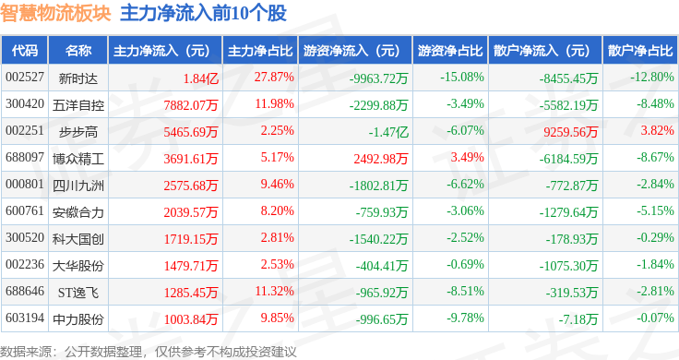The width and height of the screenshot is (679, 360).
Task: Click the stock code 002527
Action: point(25,78)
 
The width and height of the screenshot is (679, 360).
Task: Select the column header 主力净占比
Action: point(260,51)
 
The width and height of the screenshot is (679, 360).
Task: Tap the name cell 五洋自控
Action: point(78,105)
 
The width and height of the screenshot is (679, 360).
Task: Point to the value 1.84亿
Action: point(200,78)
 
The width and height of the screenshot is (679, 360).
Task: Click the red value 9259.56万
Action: point(571,132)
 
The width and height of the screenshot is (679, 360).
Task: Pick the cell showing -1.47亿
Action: point(388,132)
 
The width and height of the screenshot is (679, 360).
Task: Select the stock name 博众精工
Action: point(78,159)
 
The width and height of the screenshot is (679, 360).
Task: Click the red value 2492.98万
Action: point(381,159)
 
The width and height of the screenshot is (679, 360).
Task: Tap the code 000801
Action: point(25,184)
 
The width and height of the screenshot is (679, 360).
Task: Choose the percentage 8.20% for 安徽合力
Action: point(277,211)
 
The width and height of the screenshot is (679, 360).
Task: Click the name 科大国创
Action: point(78,239)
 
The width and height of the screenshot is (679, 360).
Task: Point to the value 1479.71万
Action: point(191,266)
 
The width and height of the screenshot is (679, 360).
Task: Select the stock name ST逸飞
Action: point(78,293)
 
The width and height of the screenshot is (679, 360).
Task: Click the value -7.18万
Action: point(578,319)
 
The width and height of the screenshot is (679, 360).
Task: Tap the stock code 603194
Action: point(25,318)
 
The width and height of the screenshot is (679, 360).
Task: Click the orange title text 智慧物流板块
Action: point(55,13)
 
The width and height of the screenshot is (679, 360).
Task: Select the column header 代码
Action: point(25,51)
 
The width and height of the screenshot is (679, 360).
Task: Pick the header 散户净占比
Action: point(640,51)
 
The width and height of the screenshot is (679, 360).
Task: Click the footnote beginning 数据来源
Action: point(149,352)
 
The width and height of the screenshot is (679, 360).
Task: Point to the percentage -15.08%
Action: point(462,78)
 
